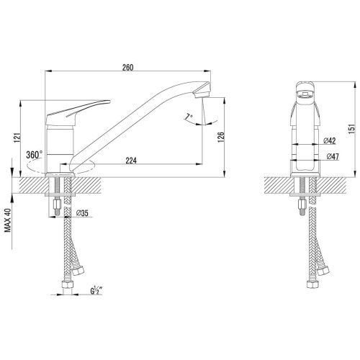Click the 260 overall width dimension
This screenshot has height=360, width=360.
click(127, 68)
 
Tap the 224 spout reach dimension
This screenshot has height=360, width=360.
click(131, 161)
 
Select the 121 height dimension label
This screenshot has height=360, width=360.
click(17, 138)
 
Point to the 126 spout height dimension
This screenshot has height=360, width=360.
click(220, 137)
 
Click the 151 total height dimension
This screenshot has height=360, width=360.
click(351, 129)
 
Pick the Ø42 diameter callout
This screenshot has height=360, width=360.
click(329, 140)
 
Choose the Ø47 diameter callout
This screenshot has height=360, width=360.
click(333, 156)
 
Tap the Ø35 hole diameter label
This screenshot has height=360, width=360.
click(82, 212)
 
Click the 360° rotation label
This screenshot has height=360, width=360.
click(35, 155)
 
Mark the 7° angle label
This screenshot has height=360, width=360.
click(189, 117)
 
